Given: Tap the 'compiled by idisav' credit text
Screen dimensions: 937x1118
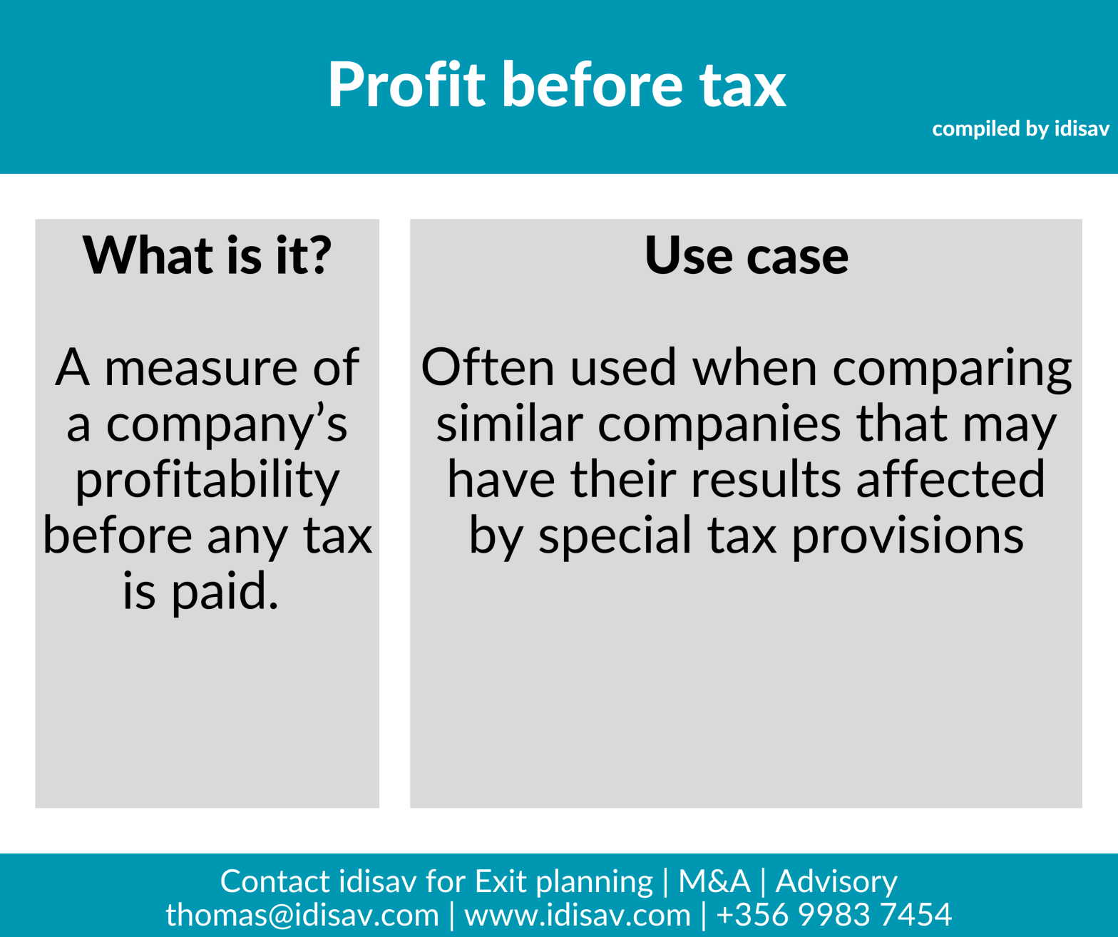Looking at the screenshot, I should pyautogui.click(x=1020, y=129).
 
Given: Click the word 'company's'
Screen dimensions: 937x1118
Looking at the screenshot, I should pyautogui.click(x=226, y=424).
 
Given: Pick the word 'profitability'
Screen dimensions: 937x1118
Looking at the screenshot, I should pyautogui.click(x=207, y=481).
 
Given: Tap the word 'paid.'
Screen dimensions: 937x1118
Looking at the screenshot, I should pyautogui.click(x=225, y=593).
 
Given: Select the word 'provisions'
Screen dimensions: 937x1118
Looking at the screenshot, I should pyautogui.click(x=908, y=537).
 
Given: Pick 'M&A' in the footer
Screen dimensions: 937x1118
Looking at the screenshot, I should pyautogui.click(x=714, y=882).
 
